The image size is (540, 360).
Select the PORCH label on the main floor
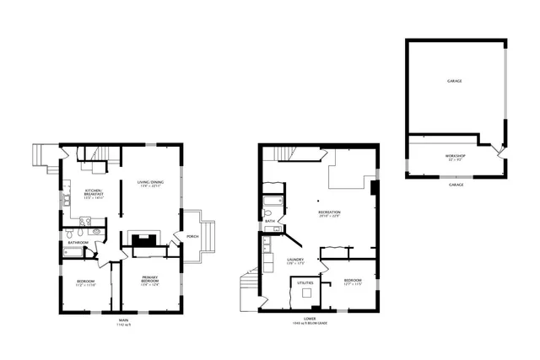click(192, 235)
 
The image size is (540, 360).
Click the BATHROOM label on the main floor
click(78, 243)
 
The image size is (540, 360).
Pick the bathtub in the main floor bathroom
click(77, 251)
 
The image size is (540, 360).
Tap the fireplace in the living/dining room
click(143, 239)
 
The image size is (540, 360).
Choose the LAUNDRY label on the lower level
click(294, 261)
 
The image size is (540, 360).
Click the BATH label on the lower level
click(269, 222)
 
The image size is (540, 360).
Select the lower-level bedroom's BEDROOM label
click(352, 281)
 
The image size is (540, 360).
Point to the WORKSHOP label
click(455, 157)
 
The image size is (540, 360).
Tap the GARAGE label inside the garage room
click(455, 81)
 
